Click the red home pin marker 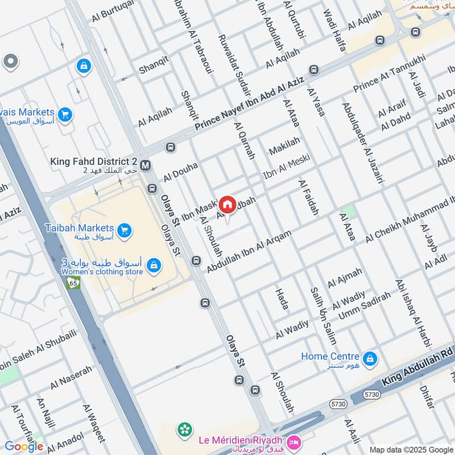coord(227,204)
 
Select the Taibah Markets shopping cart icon coord(125,231)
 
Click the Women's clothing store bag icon coord(153,265)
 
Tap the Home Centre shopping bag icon coord(370,358)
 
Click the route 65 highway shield coord(73,282)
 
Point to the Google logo coord(24,446)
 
